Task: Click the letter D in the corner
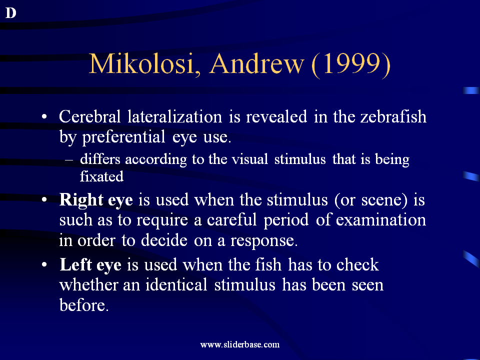(10, 13)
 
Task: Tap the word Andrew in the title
(256, 63)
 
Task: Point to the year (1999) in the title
(351, 64)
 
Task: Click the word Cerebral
(89, 116)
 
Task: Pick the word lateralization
(174, 116)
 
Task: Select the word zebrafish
(393, 116)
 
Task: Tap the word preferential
(123, 137)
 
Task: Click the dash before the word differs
(69, 160)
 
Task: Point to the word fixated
(101, 176)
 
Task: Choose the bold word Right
(81, 200)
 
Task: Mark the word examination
(381, 220)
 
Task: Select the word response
(264, 241)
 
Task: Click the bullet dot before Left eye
(44, 264)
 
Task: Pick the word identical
(176, 284)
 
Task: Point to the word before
(84, 305)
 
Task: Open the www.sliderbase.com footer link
(240, 344)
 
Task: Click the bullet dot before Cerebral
(44, 116)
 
